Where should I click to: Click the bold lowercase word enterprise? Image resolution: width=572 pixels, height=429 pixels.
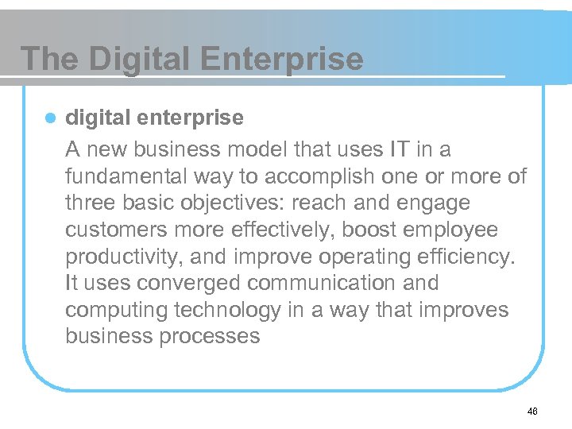pos(191,118)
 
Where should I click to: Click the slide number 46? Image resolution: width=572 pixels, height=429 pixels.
pos(531,411)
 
